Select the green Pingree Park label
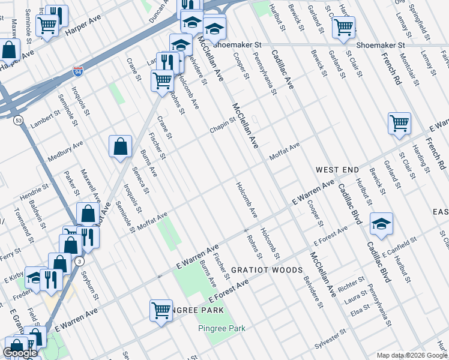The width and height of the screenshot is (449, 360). tap(222, 328)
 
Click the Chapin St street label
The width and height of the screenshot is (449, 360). tap(223, 125)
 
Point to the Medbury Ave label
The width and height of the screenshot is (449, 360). tap(66, 148)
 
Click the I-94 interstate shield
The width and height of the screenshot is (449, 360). tap(79, 71)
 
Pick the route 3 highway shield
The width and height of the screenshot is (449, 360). tap(79, 260)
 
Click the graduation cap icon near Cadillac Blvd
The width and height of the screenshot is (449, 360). tap(381, 224)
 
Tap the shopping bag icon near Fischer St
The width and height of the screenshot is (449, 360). tap(120, 146)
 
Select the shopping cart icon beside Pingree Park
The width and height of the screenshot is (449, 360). tap(161, 310)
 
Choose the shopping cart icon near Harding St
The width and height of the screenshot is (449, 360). tap(399, 124)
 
